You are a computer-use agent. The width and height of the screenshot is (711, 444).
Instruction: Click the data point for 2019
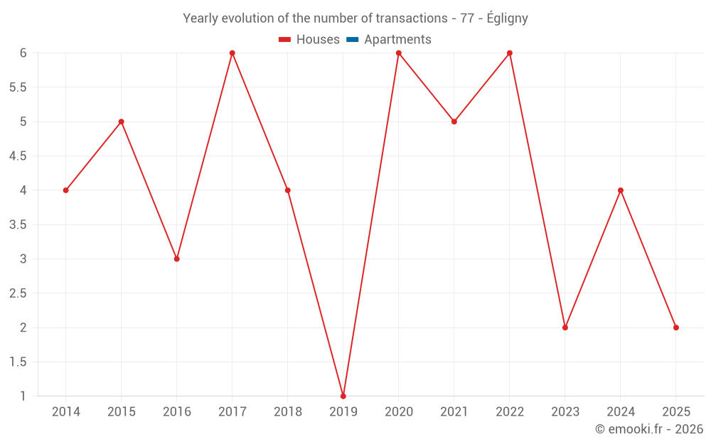343,396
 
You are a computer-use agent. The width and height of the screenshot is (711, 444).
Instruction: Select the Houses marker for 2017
232,53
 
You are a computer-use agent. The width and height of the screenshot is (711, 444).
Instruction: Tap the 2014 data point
66,190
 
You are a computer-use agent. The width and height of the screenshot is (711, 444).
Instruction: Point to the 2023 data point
565,327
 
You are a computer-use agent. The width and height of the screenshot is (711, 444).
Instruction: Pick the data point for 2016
177,259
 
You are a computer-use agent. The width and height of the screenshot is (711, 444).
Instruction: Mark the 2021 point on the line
454,121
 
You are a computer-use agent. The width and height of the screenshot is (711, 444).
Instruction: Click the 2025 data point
676,327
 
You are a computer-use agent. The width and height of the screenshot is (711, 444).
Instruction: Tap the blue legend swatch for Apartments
353,40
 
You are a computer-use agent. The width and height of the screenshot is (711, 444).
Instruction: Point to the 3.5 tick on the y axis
18,224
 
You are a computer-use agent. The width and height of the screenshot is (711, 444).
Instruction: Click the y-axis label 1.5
18,362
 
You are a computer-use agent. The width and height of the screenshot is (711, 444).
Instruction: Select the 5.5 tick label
18,87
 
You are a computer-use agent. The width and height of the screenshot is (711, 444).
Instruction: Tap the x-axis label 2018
288,412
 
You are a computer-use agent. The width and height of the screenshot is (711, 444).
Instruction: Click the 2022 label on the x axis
510,412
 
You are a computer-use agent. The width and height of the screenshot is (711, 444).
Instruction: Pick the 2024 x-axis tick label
621,412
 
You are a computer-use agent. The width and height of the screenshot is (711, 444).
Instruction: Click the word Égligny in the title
508,18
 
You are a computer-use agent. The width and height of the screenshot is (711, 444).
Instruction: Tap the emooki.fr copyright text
649,429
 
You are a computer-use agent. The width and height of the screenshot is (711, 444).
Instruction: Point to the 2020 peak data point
399,53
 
